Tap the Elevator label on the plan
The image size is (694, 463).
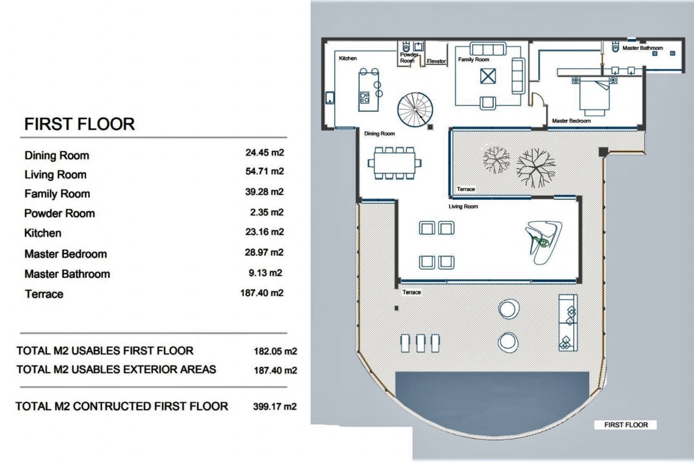(x=436, y=61)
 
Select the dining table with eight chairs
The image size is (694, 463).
(x=394, y=163)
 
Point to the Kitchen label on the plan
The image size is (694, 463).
(x=348, y=58)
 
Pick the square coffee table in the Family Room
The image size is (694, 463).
(x=488, y=76)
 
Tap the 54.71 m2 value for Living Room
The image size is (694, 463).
(x=265, y=171)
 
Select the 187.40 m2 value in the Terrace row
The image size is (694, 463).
(x=262, y=293)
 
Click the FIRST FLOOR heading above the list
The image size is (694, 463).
(x=80, y=124)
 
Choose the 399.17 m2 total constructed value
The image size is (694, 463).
(x=275, y=407)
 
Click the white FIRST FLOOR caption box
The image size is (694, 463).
(x=626, y=425)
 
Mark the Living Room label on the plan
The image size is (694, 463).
(x=463, y=207)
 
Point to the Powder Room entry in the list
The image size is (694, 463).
(x=60, y=213)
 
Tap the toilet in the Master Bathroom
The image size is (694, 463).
(x=615, y=47)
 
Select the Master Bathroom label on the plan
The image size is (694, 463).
(x=643, y=48)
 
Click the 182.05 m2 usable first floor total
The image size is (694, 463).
(x=275, y=351)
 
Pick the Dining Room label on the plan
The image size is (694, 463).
(x=380, y=133)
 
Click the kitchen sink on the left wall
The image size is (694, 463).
(x=330, y=98)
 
